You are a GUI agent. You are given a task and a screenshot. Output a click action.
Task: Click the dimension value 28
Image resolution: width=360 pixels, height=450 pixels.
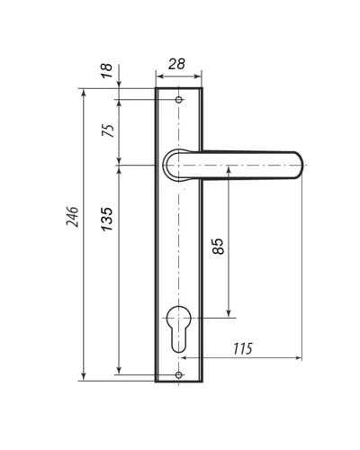pos(176,64)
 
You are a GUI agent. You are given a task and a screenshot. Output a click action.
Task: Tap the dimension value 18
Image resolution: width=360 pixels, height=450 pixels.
pos(107,71)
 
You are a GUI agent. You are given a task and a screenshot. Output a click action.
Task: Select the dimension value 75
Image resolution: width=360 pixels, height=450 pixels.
pos(108,130)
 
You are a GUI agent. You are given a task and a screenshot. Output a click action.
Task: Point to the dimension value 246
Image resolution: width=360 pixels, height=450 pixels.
pos(72,217)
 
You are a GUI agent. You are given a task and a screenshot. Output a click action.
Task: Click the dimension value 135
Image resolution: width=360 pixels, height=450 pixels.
pos(107,219)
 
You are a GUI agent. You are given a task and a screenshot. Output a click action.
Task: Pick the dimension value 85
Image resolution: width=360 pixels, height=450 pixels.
pos(218,247)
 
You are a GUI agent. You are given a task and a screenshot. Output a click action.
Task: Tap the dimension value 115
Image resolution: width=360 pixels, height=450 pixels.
pos(243,348)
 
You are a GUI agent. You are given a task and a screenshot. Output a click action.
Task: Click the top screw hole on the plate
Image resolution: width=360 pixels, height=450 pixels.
pos(179,100)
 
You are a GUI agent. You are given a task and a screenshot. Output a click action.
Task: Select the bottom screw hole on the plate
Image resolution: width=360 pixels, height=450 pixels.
pos(179,374)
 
